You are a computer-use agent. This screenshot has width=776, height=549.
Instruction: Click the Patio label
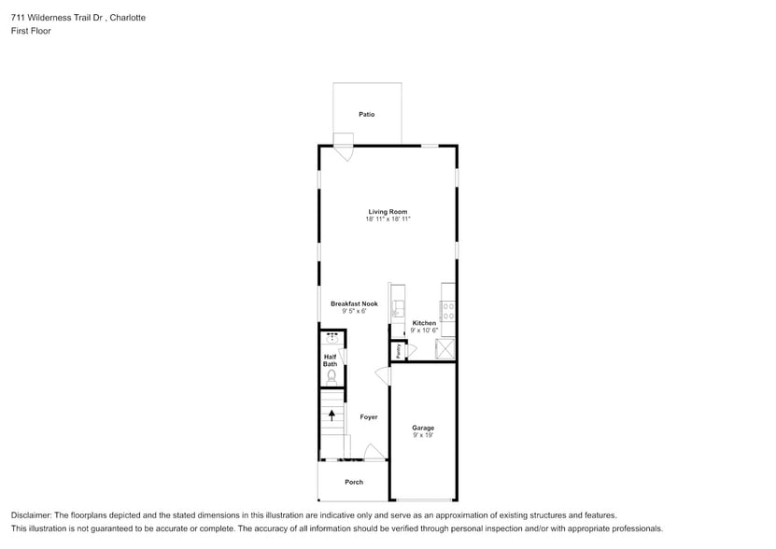tap(367, 114)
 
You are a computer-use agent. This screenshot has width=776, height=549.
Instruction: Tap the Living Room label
tap(388, 212)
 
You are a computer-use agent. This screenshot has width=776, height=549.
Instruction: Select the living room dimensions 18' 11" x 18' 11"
tap(388, 219)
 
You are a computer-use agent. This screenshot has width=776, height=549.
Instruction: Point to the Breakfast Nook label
tap(354, 303)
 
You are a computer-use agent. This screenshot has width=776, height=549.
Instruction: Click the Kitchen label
tap(424, 323)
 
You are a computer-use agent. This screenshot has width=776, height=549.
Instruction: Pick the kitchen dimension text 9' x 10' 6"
tap(424, 331)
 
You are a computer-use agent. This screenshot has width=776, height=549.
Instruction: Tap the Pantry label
tap(399, 351)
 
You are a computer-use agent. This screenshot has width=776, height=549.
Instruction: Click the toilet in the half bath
tap(332, 374)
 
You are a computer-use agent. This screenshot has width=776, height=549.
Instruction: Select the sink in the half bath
tap(332, 338)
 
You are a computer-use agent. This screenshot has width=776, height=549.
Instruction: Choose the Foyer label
tap(369, 417)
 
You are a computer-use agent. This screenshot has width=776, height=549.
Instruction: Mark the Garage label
tap(423, 428)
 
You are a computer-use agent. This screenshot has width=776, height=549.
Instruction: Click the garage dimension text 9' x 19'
tap(423, 435)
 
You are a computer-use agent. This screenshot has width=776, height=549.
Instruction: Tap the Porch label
tap(354, 482)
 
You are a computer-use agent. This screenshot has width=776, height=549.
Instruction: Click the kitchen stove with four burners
tap(448, 311)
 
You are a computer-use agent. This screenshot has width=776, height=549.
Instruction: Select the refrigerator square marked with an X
tap(446, 349)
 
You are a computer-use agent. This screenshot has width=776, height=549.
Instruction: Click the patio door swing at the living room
tap(344, 150)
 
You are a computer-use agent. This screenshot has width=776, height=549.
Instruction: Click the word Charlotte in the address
tap(127, 18)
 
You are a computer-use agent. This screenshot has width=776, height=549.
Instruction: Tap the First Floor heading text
tap(31, 31)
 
